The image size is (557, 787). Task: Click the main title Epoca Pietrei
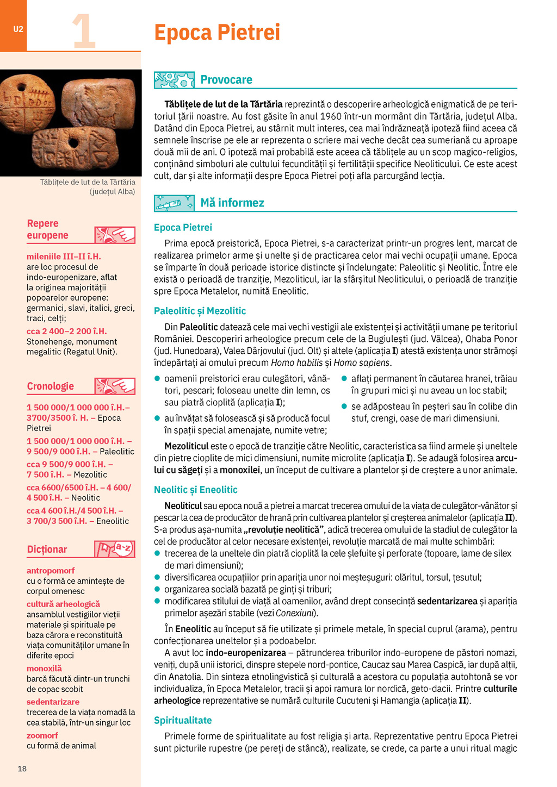click(217, 32)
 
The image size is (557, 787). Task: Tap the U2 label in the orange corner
click(18, 29)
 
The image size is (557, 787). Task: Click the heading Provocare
click(226, 79)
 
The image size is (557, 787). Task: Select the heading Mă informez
click(232, 203)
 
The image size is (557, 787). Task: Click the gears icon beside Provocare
click(174, 80)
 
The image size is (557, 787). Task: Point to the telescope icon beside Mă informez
click(174, 203)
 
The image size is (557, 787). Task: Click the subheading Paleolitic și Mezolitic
click(200, 311)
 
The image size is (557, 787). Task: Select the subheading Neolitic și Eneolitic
click(195, 490)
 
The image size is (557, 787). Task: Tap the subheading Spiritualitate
click(183, 720)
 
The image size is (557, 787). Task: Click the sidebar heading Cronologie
click(51, 386)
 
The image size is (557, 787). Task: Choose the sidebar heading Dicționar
click(47, 549)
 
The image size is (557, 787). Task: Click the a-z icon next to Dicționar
click(114, 549)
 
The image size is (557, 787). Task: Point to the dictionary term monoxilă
click(44, 669)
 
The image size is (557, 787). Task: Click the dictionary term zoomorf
click(42, 735)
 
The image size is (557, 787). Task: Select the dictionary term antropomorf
click(51, 571)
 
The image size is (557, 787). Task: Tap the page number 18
click(22, 769)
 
